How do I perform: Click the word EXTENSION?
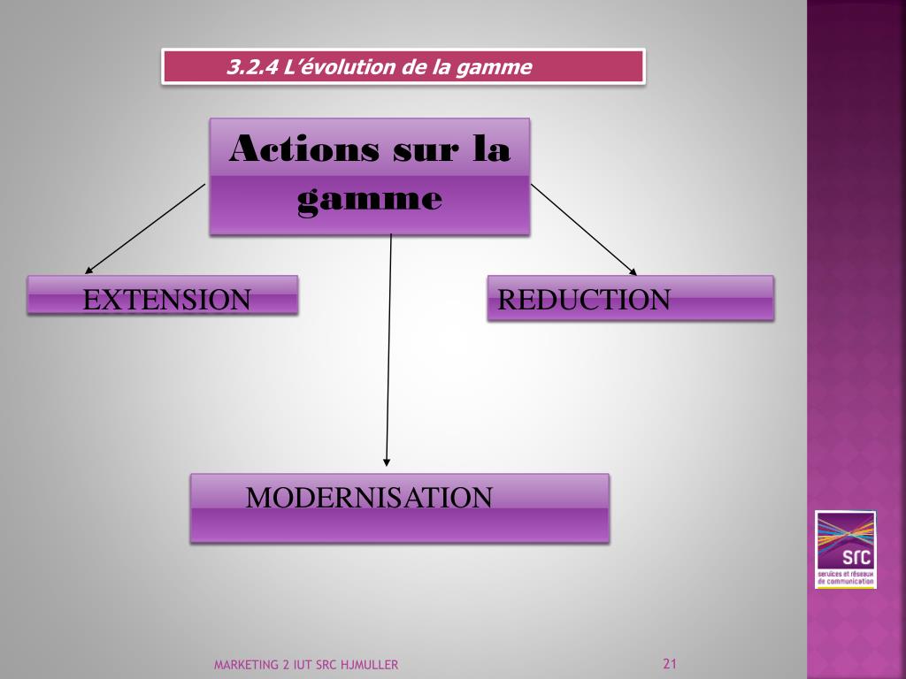click(166, 300)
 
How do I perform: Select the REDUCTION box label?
click(584, 300)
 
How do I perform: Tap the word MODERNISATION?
click(368, 498)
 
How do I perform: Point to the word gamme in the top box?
click(369, 199)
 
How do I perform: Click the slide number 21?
click(669, 664)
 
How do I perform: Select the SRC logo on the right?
click(845, 549)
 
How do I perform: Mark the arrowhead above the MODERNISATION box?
click(387, 460)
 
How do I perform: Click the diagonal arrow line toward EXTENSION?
click(146, 227)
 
